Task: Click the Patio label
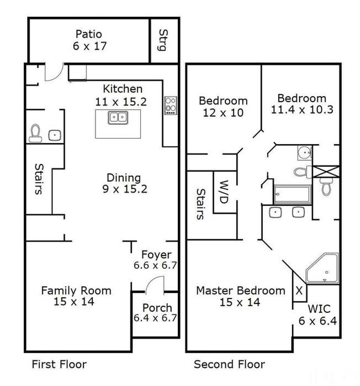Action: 89,34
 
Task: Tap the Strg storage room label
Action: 163,40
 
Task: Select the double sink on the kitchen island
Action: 118,118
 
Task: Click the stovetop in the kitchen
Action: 171,105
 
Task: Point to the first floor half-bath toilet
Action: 35,133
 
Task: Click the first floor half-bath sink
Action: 55,135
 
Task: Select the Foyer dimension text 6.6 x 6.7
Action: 156,265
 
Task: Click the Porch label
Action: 157,308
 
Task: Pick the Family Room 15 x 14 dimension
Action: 74,302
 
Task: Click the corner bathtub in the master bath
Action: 322,268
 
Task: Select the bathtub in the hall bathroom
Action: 292,194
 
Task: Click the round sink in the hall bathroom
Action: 305,153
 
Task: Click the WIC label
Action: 319,309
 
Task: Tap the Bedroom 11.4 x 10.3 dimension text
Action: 302,110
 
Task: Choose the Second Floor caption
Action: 229,364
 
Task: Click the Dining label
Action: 124,178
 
